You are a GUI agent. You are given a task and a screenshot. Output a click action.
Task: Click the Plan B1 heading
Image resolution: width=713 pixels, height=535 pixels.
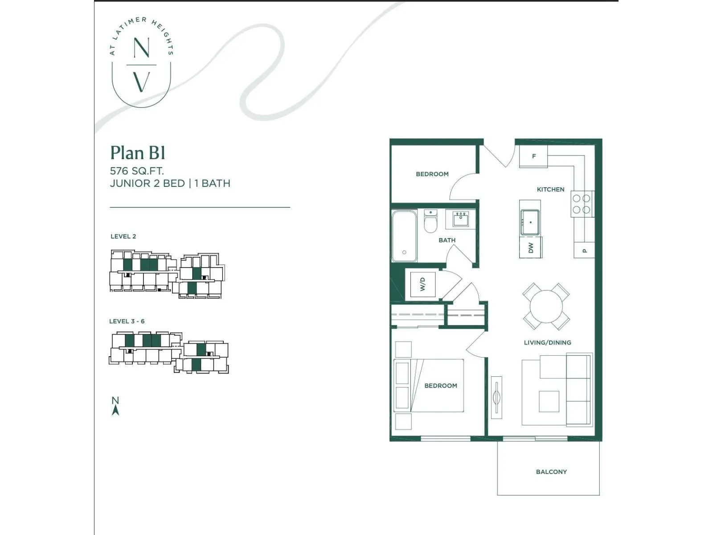click(x=138, y=152)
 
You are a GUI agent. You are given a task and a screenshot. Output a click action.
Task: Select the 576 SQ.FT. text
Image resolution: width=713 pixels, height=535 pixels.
click(x=137, y=171)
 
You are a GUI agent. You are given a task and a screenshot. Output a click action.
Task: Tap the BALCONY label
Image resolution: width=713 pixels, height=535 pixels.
click(x=551, y=472)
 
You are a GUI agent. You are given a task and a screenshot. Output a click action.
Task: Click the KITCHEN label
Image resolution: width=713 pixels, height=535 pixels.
click(x=551, y=189)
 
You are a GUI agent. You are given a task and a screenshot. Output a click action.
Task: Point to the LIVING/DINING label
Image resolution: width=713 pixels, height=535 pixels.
click(x=547, y=342)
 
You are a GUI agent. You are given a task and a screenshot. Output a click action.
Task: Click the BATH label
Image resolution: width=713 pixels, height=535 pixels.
click(x=447, y=240)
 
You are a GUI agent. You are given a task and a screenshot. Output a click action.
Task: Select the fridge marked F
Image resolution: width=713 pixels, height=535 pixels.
click(x=533, y=156)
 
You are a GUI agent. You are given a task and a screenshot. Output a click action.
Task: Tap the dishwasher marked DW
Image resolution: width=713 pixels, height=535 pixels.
click(x=531, y=247)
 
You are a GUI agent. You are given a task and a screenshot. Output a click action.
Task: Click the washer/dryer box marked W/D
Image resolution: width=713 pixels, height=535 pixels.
click(x=422, y=284)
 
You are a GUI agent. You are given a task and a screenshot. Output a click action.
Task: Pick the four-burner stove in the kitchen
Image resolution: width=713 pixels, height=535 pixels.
click(x=582, y=204)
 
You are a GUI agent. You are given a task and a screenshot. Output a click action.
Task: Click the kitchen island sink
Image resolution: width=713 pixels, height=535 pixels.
click(x=530, y=222)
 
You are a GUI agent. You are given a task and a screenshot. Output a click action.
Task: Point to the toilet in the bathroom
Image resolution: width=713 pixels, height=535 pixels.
click(x=430, y=221)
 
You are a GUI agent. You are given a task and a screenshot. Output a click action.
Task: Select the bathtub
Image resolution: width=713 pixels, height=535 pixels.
click(x=405, y=236)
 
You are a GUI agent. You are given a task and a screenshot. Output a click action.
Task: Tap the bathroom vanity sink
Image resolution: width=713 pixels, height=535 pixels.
click(x=460, y=220)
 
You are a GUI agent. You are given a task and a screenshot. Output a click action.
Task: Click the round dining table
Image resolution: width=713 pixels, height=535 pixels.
click(x=546, y=306)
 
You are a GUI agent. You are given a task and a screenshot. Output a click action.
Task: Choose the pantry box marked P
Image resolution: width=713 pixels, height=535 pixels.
click(x=584, y=250)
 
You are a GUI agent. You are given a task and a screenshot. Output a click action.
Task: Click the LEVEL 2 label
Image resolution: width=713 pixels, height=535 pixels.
click(x=123, y=236)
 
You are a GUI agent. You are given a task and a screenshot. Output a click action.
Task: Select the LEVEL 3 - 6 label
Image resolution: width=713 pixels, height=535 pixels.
click(x=127, y=321)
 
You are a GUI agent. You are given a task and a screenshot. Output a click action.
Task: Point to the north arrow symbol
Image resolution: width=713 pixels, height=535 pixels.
click(x=115, y=406)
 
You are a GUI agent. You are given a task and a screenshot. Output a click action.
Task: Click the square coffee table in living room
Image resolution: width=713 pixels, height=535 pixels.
click(x=549, y=402)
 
